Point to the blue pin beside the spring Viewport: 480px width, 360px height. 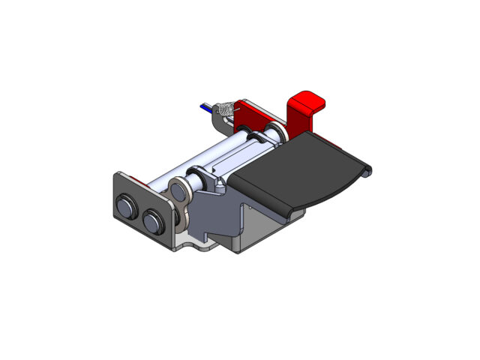[x=206, y=107]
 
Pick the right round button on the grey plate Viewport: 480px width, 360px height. [x=155, y=221]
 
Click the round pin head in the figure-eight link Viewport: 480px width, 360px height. [x=179, y=190]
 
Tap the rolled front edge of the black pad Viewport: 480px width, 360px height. [x=259, y=199]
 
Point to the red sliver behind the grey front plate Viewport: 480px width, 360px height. [x=135, y=178]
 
